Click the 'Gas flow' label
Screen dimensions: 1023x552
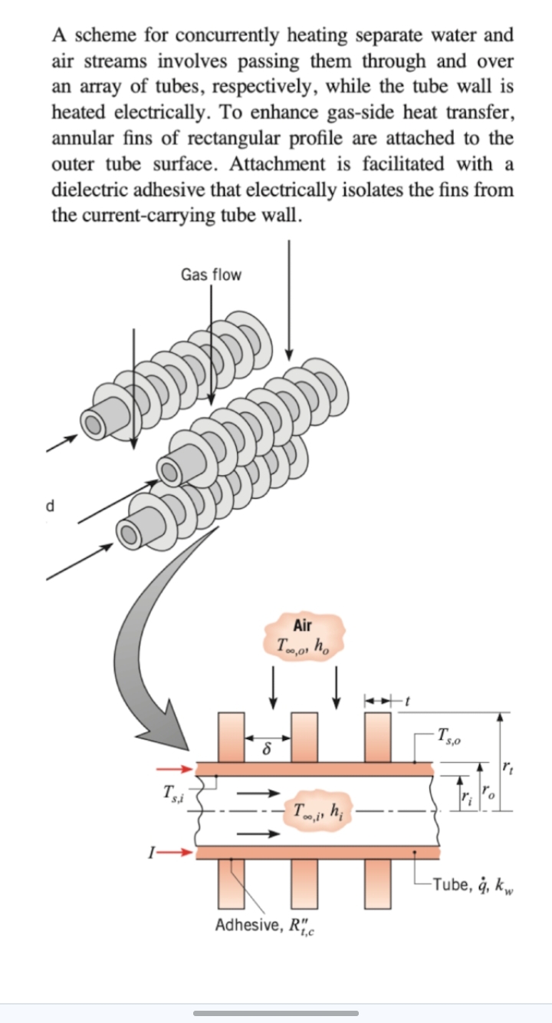click(211, 275)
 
